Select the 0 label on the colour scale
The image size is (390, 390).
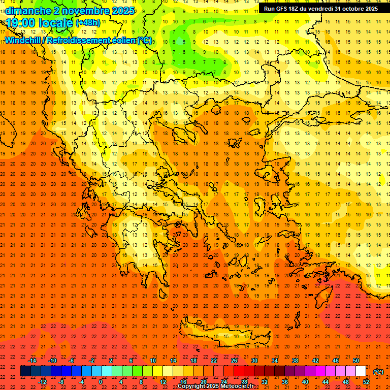101,382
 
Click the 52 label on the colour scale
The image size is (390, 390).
366,382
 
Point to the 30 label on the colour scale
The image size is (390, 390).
254,361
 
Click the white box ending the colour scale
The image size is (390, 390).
361,371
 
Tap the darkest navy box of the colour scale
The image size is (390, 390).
25,371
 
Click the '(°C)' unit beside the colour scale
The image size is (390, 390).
378,372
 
